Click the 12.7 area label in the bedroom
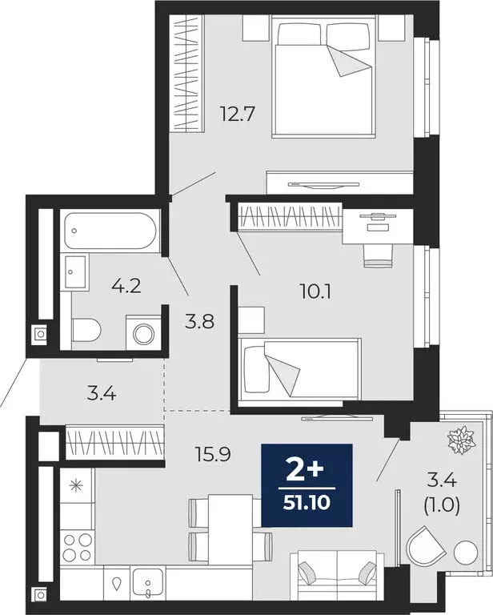tap(236, 114)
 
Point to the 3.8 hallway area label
tap(199, 325)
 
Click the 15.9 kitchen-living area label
tap(212, 456)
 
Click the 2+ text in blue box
tap(307, 469)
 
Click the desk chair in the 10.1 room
tap(378, 252)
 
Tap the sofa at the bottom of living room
tap(337, 573)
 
